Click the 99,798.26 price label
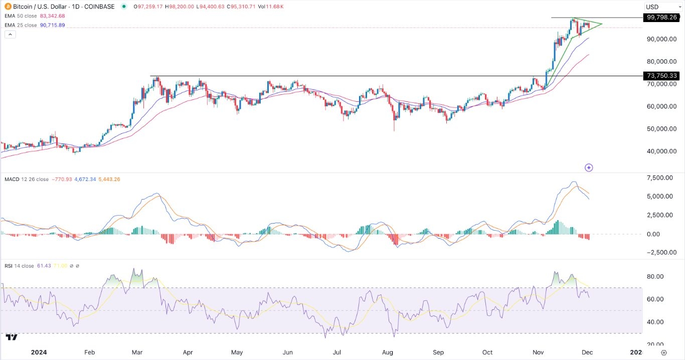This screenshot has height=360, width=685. (x=662, y=18)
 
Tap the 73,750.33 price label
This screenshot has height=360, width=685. (x=662, y=76)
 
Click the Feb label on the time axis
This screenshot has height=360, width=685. (x=90, y=352)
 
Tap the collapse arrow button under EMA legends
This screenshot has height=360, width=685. (x=10, y=34)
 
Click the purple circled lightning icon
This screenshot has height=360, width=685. (x=589, y=167)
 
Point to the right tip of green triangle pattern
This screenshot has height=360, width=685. (x=602, y=24)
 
